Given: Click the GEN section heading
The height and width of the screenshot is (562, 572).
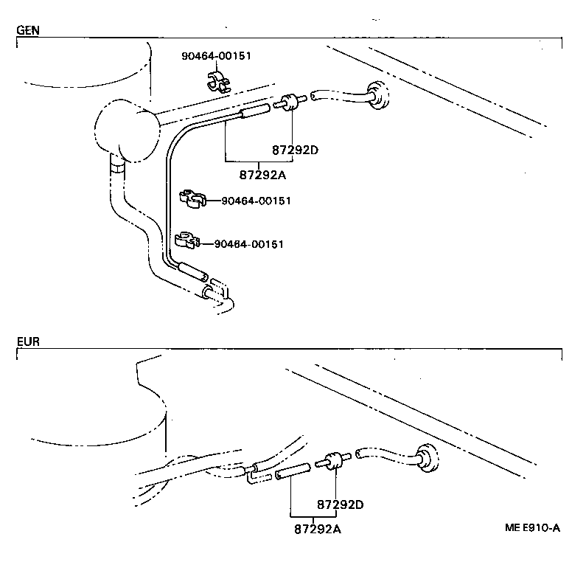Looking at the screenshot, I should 28,30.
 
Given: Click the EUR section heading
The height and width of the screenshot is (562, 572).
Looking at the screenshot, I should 28,342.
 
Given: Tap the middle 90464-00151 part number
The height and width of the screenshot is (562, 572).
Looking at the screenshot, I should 251,201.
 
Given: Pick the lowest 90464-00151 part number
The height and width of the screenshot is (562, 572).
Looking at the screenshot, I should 248,244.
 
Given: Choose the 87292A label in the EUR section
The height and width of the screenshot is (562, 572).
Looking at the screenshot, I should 318,528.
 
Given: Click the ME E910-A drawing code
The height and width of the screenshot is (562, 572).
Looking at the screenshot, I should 532,528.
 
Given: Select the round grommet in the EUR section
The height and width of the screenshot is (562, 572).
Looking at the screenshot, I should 425,456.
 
